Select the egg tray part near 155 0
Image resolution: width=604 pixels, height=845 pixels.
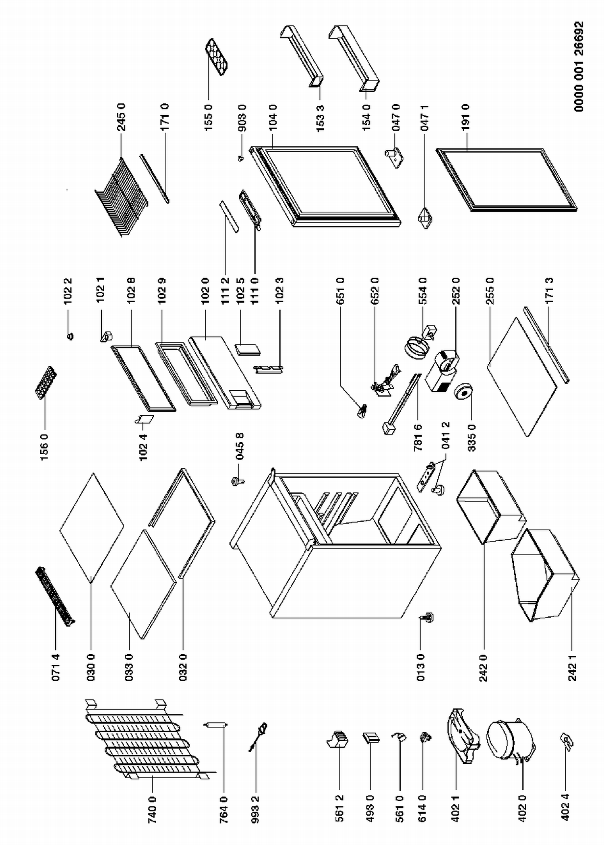click(x=216, y=57)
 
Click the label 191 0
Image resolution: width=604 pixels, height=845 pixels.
click(x=466, y=117)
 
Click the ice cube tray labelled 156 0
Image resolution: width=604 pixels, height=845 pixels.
click(x=46, y=382)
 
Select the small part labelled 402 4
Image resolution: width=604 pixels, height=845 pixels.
click(x=567, y=741)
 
